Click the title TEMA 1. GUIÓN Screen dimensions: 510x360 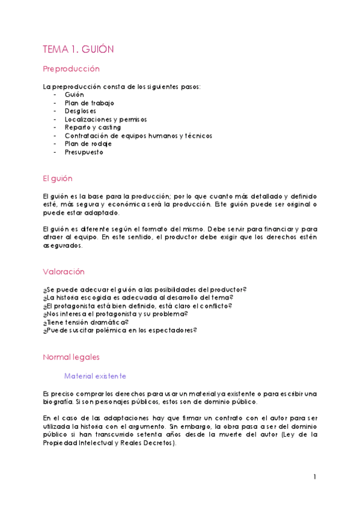point(78,49)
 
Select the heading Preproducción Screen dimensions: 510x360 point(71,69)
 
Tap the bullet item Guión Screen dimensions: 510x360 point(75,95)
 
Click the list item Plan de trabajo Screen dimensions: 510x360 point(89,103)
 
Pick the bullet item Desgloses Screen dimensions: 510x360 point(80,111)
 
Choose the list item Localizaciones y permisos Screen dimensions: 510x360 point(105,120)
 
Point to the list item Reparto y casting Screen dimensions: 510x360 point(93,127)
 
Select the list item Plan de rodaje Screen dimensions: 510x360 point(88,144)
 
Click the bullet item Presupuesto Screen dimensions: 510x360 point(84,152)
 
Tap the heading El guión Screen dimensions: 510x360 point(58,179)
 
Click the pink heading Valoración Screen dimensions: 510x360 point(64,271)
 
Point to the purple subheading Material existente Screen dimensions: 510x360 point(95,376)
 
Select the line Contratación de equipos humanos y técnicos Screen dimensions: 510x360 point(138,136)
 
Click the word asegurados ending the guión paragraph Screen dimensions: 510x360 point(62,245)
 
